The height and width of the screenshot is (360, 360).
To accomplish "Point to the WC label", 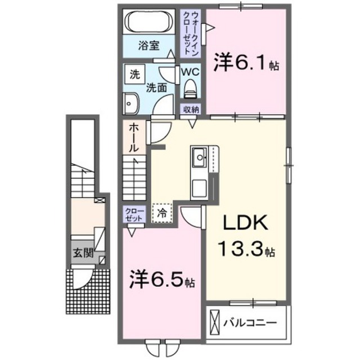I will click(190, 72).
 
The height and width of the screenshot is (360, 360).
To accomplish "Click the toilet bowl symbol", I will click(190, 88).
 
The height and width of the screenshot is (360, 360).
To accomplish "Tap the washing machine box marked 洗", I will click(135, 74).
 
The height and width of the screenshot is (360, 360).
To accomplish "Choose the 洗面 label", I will click(156, 87).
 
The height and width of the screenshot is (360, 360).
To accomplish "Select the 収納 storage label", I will click(191, 109).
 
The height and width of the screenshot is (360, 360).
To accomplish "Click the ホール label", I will click(134, 139).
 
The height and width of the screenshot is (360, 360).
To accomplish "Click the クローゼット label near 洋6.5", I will click(134, 214).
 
